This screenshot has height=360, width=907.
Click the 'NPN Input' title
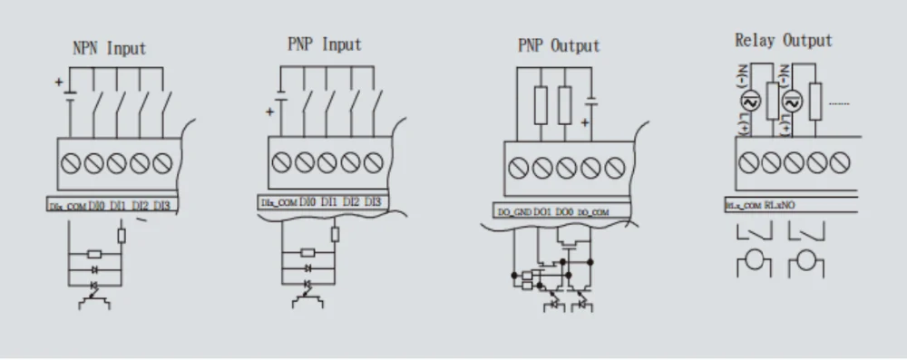(x=108, y=48)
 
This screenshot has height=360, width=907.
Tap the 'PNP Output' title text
(x=558, y=46)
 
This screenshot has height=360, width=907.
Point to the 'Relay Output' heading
(x=783, y=41)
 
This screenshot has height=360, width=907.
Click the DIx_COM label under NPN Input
(x=68, y=207)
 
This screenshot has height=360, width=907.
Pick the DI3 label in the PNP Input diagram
(x=373, y=201)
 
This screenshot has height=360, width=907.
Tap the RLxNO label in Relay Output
(x=781, y=205)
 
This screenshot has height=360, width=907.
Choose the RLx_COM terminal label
(x=744, y=206)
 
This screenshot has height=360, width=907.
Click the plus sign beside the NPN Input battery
(x=61, y=83)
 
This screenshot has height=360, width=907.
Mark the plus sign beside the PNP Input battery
(x=269, y=112)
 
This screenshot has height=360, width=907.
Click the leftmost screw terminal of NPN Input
(x=71, y=164)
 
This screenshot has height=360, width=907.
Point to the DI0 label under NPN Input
(x=97, y=207)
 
